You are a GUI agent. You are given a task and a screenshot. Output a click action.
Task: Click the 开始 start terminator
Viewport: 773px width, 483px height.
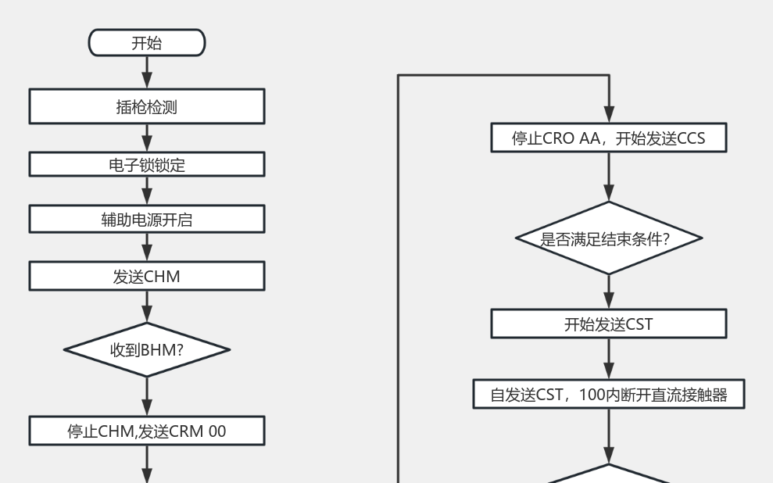(147, 43)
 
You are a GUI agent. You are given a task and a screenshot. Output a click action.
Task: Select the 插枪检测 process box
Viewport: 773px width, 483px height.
(147, 106)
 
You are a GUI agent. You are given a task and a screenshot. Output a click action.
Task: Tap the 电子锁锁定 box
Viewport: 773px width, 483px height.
(147, 164)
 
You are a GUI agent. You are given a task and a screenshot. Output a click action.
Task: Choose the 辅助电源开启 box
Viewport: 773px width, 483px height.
(147, 220)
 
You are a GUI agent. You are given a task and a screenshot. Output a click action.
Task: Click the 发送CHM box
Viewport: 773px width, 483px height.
(147, 276)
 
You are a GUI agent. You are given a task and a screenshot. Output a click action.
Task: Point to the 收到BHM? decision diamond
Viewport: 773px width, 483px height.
(147, 349)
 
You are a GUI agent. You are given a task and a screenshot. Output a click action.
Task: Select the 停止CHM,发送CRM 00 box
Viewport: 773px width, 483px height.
(147, 430)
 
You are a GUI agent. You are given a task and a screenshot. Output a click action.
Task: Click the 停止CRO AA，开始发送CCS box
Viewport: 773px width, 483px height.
(608, 138)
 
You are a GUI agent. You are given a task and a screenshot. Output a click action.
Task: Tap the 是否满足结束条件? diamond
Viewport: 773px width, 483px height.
(608, 238)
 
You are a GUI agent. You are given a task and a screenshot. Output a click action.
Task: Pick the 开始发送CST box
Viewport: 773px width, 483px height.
(608, 324)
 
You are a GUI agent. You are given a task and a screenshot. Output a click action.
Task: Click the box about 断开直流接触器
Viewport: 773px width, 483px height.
(608, 395)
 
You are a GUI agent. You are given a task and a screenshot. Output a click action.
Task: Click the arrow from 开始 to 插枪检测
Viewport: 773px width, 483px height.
(147, 72)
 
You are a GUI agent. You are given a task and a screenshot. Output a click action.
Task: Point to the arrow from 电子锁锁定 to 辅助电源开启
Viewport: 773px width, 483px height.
(147, 191)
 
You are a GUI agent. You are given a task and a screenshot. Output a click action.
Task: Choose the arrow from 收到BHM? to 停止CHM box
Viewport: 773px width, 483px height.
(147, 396)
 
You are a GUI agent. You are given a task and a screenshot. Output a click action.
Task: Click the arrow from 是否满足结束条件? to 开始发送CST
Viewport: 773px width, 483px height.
(608, 292)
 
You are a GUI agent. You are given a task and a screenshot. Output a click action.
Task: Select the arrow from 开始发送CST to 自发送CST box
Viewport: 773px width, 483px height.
(608, 360)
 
